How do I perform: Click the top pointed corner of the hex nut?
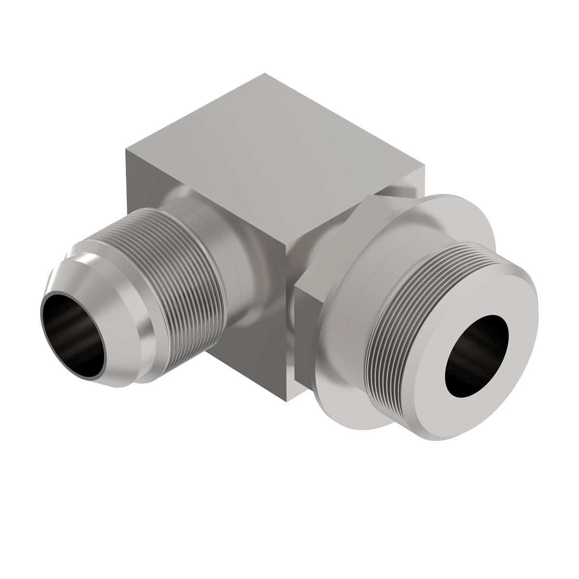pyautogui.click(x=369, y=195)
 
